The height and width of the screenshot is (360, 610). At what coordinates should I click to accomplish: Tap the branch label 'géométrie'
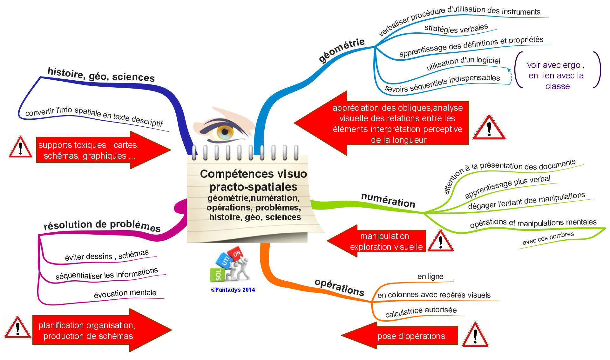click(342, 50)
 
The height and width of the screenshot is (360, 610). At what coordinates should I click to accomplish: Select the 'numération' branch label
click(388, 200)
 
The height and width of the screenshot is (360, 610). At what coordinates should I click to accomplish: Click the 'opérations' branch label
click(339, 288)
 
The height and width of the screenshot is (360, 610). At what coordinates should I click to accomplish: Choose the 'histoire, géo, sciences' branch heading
click(101, 74)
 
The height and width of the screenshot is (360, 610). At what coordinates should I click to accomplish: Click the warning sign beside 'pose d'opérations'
click(475, 335)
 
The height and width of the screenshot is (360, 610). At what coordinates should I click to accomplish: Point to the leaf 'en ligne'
click(430, 277)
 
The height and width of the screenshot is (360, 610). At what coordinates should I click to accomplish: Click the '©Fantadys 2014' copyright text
click(233, 290)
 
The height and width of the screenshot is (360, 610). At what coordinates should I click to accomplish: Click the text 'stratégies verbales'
click(456, 29)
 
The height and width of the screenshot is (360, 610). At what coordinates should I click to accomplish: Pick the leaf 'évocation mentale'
click(125, 293)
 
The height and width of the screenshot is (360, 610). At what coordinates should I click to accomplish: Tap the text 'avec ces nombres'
click(548, 238)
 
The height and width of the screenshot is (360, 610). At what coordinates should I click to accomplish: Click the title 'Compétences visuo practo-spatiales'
click(254, 180)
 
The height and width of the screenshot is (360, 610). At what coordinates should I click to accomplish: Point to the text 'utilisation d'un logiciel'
click(463, 63)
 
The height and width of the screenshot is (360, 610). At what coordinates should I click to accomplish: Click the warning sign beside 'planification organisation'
click(18, 328)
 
